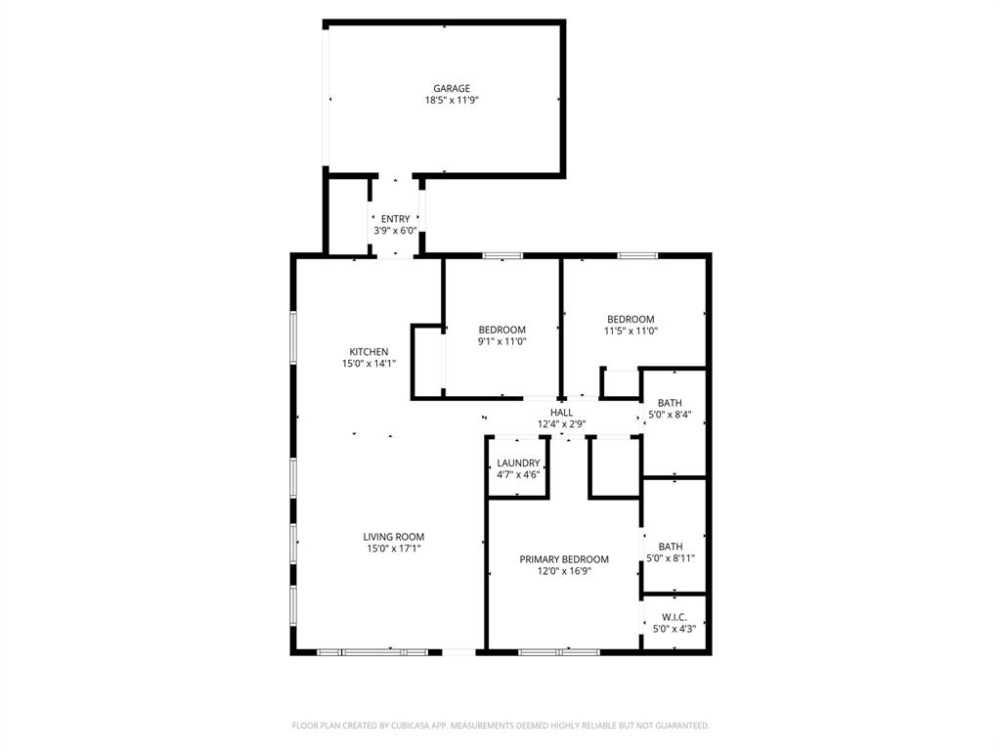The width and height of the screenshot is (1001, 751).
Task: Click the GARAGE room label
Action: coord(452,88)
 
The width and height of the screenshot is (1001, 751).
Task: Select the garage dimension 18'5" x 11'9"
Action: coord(452,100)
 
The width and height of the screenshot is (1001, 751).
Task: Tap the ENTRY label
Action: coord(395,219)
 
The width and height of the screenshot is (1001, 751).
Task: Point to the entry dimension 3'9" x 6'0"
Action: coord(395,231)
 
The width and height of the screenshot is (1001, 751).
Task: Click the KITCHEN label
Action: coord(369,352)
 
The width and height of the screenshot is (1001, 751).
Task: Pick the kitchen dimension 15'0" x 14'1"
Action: coord(369,364)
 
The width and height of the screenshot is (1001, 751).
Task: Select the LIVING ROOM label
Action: coord(394,537)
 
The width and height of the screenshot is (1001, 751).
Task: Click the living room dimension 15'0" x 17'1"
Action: coord(394,549)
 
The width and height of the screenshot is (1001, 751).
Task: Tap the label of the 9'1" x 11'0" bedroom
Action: coord(501,330)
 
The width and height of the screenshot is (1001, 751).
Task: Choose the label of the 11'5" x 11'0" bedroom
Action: coord(631,319)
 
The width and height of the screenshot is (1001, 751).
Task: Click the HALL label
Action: coord(561,413)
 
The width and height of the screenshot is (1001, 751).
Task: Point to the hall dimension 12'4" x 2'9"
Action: coord(561,424)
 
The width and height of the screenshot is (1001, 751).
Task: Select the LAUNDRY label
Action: coord(518,463)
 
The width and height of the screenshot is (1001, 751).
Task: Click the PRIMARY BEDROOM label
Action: coord(564,559)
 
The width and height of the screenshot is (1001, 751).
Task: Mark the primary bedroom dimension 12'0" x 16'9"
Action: coord(564,571)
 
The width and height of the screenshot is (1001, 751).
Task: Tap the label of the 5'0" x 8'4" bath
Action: coord(670,403)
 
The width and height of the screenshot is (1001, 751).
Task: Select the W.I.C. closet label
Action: coord(675,617)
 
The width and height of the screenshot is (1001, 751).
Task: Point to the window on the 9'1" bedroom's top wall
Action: coord(502,256)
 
